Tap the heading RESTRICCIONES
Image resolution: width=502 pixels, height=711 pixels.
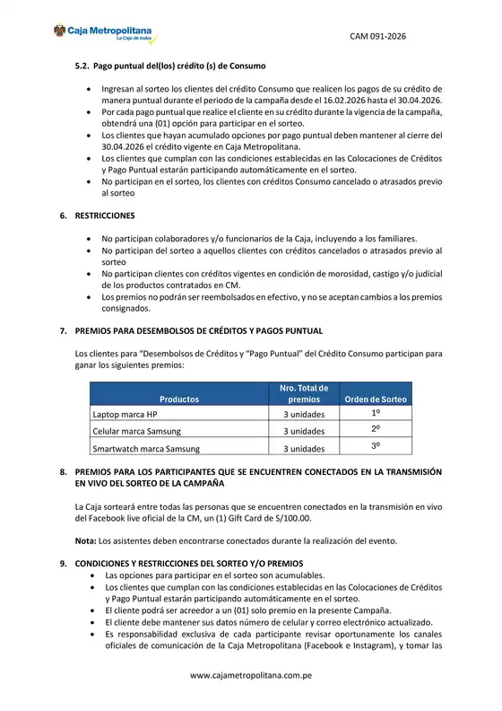(105, 216)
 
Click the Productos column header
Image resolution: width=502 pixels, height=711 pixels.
(179, 399)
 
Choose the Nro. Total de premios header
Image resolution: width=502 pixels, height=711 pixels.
(304, 393)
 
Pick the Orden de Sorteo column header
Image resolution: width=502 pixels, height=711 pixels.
(376, 399)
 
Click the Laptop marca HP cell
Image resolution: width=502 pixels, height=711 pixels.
(125, 415)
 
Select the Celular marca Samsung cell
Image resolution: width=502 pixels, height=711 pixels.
(137, 432)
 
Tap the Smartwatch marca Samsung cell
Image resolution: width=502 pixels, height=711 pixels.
(146, 448)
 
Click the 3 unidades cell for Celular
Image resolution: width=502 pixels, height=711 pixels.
(304, 432)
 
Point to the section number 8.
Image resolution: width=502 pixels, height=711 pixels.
(63, 471)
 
